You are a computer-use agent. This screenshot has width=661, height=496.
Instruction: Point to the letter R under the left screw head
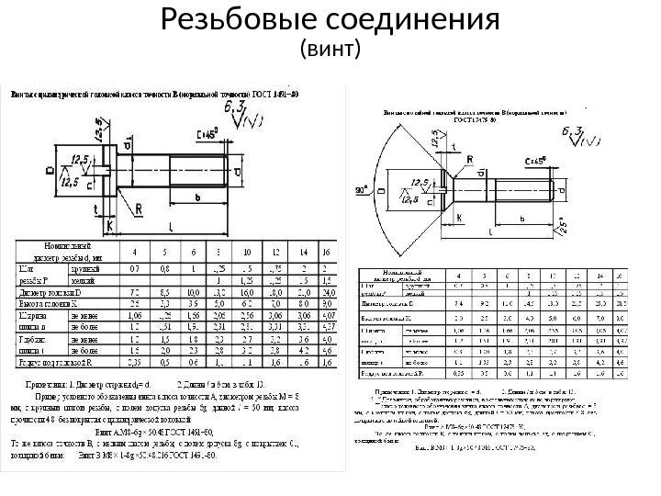click(x=139, y=209)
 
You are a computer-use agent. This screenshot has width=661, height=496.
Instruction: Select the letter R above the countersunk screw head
click(x=470, y=159)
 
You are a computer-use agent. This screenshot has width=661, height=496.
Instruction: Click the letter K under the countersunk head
click(x=455, y=219)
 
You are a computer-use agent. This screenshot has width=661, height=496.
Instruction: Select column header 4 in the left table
click(x=136, y=252)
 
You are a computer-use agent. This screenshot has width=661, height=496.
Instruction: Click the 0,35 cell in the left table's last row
click(x=136, y=362)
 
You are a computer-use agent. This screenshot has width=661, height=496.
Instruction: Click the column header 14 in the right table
click(x=599, y=275)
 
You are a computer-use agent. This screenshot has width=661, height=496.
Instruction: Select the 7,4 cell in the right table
click(x=459, y=301)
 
